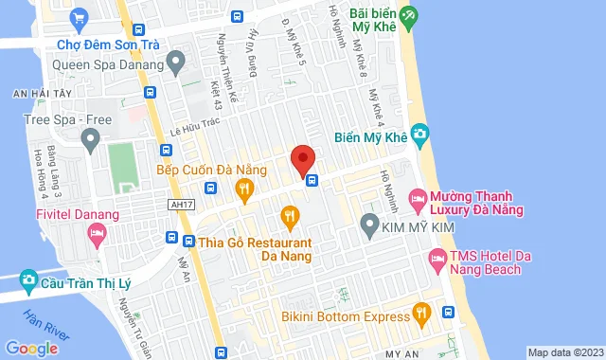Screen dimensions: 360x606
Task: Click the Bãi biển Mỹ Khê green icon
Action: pos(408,15)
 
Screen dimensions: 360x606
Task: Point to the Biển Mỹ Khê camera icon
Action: pos(422,136)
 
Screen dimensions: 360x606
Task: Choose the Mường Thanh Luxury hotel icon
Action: pos(417,199)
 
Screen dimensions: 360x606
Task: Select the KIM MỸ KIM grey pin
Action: pos(370,226)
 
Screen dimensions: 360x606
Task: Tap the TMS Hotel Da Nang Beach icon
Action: pos(437,257)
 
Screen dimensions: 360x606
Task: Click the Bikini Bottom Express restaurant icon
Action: pos(422,311)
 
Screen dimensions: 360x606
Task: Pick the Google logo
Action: pos(31,348)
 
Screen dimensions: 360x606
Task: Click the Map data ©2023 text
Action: pos(565,352)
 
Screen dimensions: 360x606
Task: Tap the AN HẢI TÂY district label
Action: pos(34,93)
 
